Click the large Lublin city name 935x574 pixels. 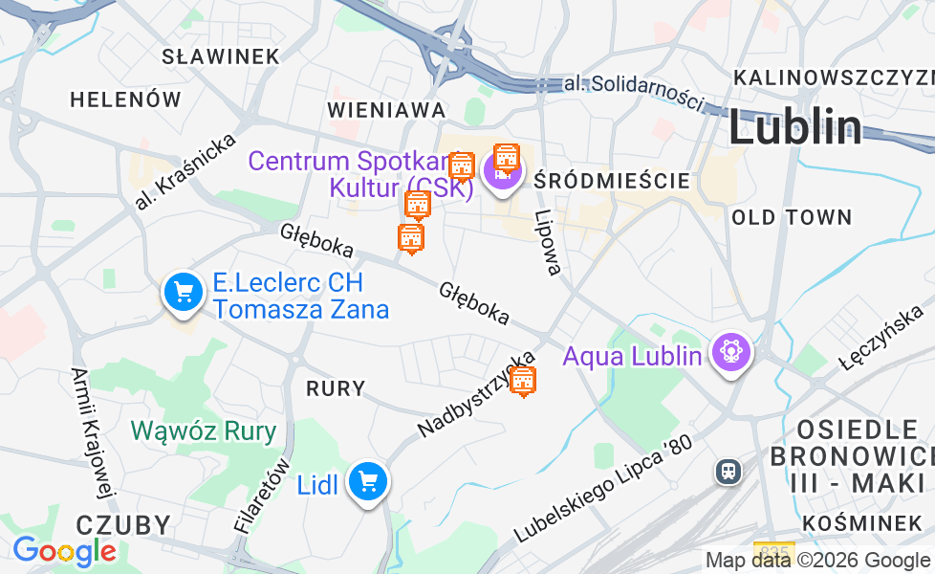click(x=794, y=128)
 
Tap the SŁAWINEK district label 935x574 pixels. click(x=221, y=56)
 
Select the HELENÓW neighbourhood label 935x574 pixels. click(x=125, y=99)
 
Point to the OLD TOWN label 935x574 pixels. click(x=792, y=217)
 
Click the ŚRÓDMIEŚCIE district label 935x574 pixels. click(x=612, y=180)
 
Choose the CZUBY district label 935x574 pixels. click(x=123, y=524)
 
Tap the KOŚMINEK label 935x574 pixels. click(x=862, y=522)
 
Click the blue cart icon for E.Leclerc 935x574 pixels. click(x=183, y=292)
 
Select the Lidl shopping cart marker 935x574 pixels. click(x=367, y=482)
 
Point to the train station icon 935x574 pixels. click(x=728, y=471)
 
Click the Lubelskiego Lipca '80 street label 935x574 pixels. click(x=601, y=490)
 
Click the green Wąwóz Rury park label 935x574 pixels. click(x=204, y=430)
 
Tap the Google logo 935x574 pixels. click(x=64, y=551)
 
